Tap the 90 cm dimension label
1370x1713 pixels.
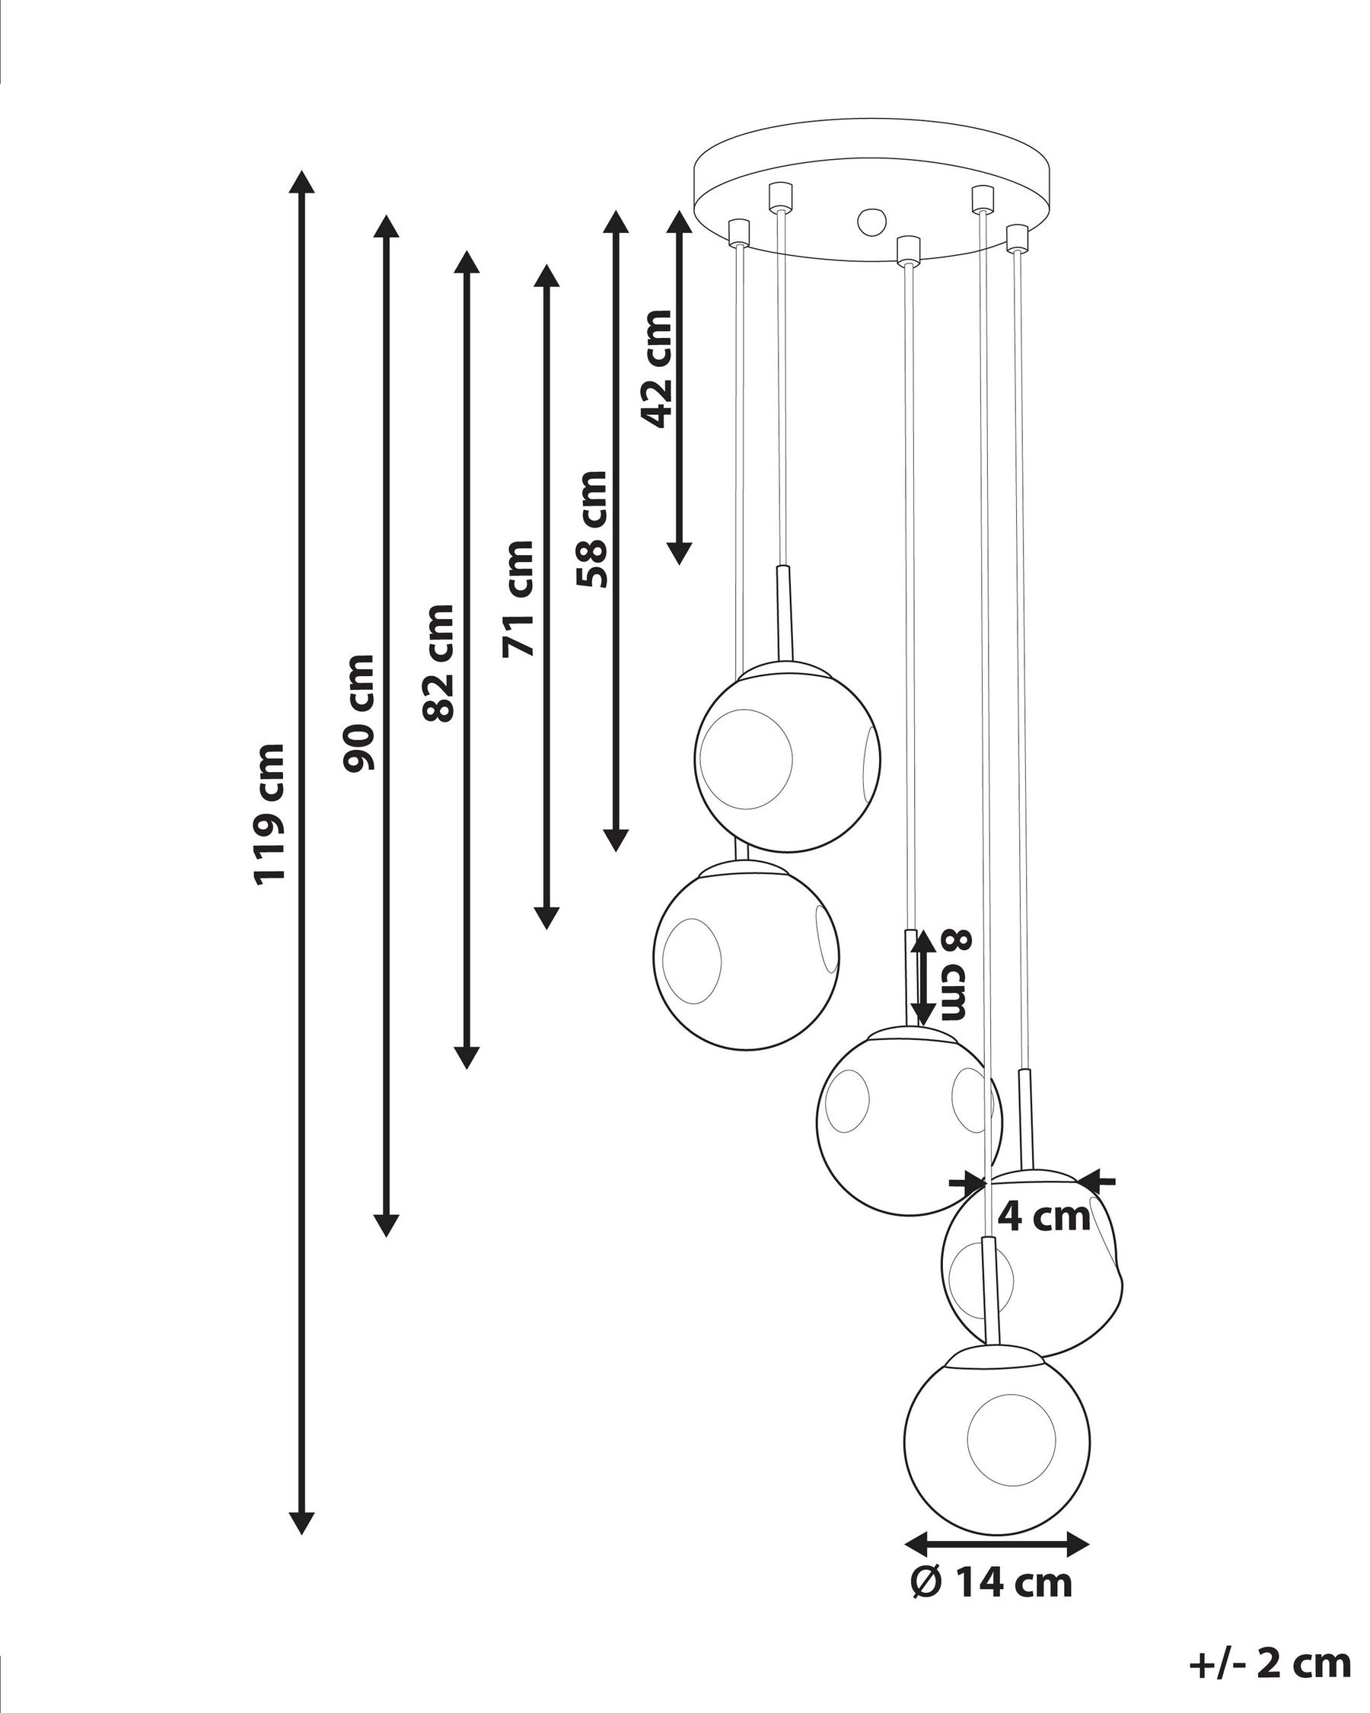[358, 713]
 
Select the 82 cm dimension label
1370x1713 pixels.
[439, 662]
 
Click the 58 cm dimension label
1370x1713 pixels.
[591, 529]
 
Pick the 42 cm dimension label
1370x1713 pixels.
[658, 368]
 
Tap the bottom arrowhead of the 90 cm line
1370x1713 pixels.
[386, 1225]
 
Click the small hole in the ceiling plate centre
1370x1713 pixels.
[871, 220]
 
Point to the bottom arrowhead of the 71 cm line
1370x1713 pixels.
[546, 917]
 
